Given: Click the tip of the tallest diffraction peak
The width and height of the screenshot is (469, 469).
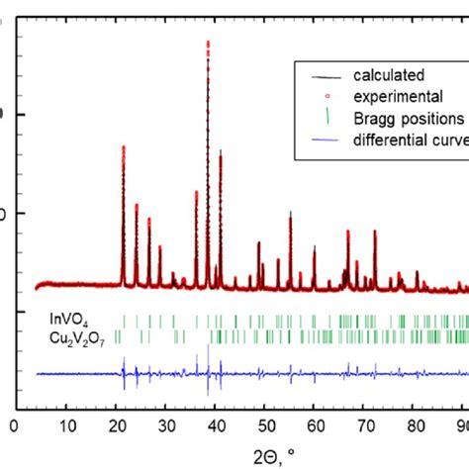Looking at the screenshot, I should [x=208, y=42].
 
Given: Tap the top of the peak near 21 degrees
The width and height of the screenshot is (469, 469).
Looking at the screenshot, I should [x=123, y=146].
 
